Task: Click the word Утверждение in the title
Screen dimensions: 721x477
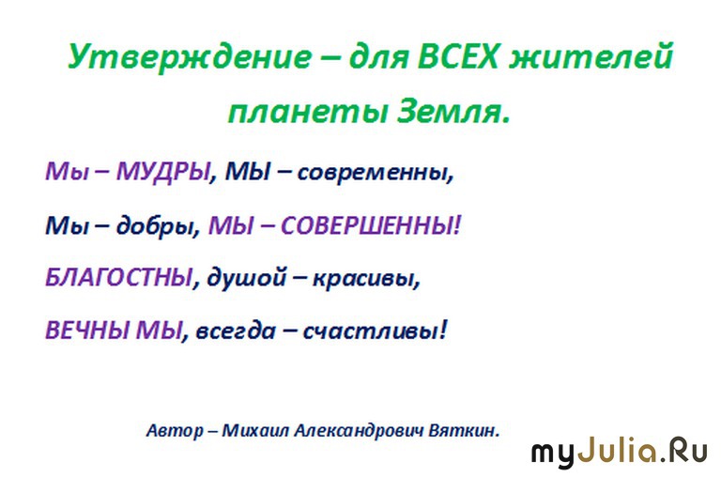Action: (190, 57)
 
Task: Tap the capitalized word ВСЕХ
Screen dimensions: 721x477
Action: (458, 56)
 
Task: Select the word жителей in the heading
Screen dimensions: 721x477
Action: (591, 56)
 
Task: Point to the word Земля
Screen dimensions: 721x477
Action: (453, 112)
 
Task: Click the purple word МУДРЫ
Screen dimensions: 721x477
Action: (163, 173)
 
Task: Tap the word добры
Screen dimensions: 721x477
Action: (158, 226)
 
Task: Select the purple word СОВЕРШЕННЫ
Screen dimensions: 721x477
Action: (370, 226)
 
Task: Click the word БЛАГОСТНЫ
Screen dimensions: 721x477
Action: (118, 277)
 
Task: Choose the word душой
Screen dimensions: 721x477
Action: (247, 278)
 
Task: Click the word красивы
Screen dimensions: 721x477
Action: (366, 279)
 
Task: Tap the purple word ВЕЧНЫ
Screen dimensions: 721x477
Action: (87, 331)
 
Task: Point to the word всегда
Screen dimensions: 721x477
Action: (236, 331)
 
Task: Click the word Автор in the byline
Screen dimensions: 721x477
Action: (175, 431)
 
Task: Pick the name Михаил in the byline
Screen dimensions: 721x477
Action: (255, 431)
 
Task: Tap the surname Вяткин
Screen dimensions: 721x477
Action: (464, 431)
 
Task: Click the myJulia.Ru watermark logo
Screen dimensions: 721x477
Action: (620, 453)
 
